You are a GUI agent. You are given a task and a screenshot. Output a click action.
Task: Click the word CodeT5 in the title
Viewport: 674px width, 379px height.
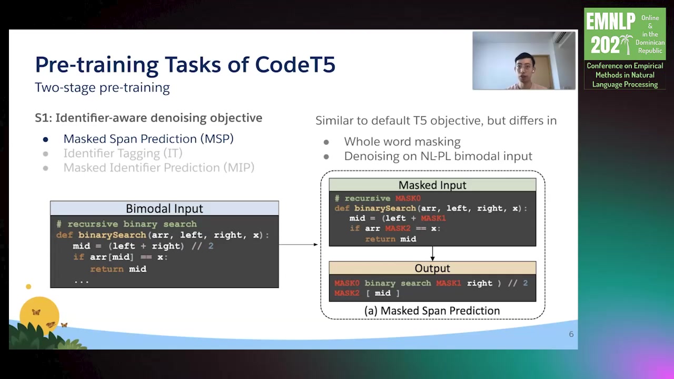295,64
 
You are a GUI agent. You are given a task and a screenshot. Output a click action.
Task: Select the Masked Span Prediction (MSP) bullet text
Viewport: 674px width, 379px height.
148,138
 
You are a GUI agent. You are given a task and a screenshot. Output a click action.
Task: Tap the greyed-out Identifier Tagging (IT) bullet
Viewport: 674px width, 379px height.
123,153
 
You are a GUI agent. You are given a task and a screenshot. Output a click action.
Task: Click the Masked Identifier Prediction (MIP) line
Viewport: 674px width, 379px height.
159,167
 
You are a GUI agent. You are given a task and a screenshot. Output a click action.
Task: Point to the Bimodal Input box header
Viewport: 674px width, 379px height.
164,208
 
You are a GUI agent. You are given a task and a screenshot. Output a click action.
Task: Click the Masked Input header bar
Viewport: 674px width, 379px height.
432,185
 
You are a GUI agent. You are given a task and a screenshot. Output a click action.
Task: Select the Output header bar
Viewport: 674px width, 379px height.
432,268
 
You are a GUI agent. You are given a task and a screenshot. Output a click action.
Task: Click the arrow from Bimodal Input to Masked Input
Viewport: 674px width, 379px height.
298,245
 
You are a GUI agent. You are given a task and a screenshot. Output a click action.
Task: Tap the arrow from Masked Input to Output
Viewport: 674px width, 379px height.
432,254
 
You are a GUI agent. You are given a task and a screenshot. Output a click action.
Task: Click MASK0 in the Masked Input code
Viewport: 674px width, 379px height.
408,198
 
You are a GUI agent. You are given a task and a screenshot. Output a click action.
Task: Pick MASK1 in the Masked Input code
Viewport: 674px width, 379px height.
433,218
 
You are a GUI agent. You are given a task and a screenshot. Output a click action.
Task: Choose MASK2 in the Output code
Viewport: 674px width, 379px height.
347,293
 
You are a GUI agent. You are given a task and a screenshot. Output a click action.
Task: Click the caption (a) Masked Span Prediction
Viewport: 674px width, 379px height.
432,311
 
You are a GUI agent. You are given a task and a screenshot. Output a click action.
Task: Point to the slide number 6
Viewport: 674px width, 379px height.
571,334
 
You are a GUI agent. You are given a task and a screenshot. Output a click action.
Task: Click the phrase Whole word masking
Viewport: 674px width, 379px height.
402,142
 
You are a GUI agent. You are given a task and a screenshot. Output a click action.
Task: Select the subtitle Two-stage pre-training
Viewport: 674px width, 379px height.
102,87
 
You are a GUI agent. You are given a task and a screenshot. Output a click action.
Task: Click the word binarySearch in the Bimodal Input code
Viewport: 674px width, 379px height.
112,235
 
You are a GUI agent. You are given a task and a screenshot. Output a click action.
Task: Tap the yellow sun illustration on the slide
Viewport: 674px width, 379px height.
39,315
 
